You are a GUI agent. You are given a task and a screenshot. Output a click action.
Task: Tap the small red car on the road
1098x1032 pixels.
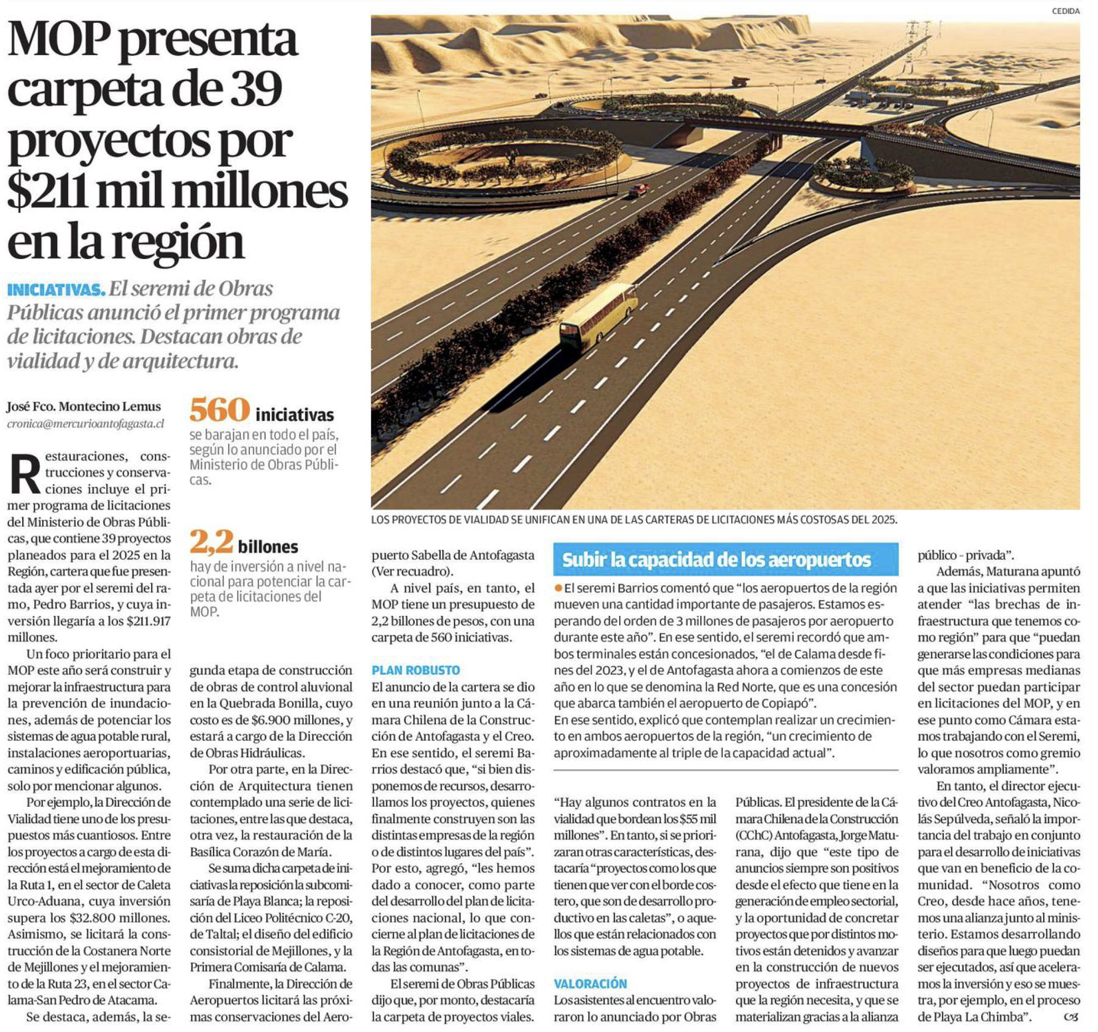tap(638, 190)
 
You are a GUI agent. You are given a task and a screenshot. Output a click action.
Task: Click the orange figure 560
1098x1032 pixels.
tap(219, 411)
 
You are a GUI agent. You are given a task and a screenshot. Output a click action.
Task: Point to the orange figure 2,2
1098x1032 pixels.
tap(211, 543)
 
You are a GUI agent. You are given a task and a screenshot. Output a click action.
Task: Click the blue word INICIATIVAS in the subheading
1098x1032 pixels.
tap(56, 289)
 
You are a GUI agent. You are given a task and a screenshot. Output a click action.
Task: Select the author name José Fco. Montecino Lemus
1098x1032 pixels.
tap(84, 407)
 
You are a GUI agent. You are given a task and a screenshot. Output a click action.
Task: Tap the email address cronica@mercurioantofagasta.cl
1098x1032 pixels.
tap(86, 424)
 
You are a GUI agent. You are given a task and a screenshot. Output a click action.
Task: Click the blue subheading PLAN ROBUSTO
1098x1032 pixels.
tap(415, 670)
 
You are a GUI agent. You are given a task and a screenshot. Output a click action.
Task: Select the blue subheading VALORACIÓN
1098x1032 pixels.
tap(590, 983)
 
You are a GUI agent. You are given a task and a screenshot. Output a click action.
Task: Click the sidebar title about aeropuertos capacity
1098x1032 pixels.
tap(716, 560)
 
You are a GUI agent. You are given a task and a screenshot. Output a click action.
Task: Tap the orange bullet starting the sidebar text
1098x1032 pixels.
tap(559, 588)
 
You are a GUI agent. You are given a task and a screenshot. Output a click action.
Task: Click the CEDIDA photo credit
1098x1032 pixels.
tap(1065, 11)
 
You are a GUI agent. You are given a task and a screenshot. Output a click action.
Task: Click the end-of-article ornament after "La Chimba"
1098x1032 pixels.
tap(1071, 1017)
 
